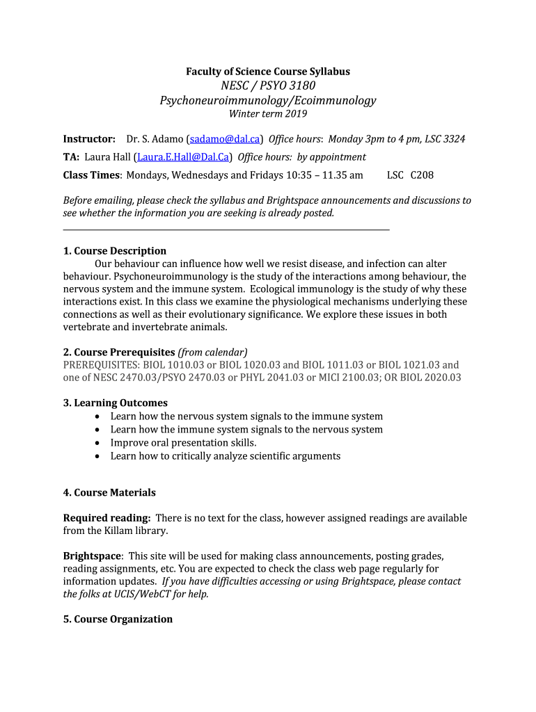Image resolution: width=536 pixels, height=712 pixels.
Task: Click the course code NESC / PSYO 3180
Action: (268, 85)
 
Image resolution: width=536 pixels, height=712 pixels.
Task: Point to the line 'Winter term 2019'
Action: (268, 114)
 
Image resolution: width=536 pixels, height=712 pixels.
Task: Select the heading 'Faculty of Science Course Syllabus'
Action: (268, 72)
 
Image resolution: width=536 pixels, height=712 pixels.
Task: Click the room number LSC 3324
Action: (443, 138)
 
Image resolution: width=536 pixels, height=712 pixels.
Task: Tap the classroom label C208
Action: (422, 175)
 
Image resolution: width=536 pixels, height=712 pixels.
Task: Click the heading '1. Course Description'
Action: (115, 251)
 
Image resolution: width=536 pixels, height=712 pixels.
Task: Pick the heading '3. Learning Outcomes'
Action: (116, 403)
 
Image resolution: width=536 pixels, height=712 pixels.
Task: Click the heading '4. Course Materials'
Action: (109, 492)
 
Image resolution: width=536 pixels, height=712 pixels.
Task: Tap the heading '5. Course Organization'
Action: (118, 619)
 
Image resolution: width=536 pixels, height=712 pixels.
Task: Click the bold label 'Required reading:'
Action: (107, 518)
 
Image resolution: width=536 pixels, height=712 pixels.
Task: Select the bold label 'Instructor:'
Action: (89, 138)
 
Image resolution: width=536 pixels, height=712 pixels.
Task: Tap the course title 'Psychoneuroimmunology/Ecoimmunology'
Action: (268, 100)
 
